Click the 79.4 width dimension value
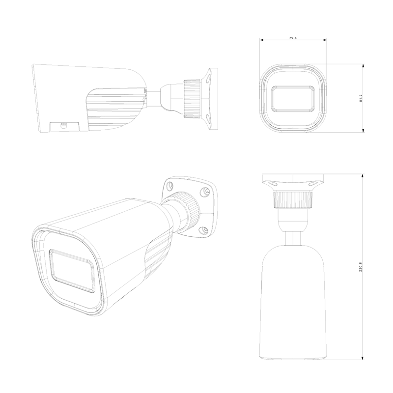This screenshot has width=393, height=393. [x=293, y=38]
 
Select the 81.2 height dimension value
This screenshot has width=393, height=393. [x=361, y=98]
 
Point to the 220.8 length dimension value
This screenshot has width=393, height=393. [x=361, y=267]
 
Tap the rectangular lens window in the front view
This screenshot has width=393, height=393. [x=293, y=98]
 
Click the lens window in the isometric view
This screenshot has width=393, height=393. [x=72, y=271]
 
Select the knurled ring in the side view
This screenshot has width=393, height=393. [x=192, y=99]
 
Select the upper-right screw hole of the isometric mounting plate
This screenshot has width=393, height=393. [x=205, y=191]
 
